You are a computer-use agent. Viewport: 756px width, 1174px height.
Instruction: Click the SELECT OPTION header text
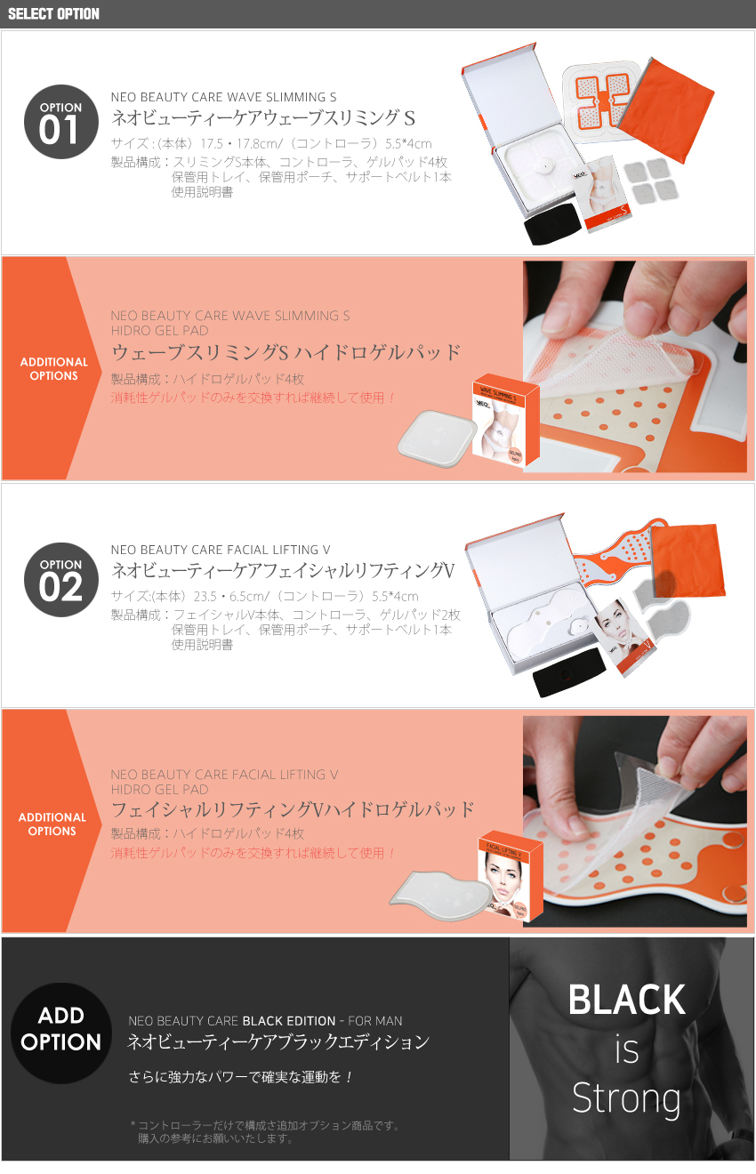(53, 13)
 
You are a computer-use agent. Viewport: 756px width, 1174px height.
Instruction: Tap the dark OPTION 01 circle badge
(60, 122)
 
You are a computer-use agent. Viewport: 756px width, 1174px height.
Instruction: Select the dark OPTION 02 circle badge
(60, 579)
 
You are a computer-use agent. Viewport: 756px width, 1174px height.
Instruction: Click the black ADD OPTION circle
(60, 1033)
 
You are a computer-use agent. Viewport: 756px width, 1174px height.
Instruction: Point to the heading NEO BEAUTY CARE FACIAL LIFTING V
(221, 550)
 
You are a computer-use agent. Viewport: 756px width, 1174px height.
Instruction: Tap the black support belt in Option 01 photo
(553, 223)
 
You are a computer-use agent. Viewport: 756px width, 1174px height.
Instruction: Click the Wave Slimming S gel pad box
(505, 419)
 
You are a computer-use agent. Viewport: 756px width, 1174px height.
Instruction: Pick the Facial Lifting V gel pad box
(511, 876)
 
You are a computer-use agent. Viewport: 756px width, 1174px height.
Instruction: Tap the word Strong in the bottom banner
(626, 1098)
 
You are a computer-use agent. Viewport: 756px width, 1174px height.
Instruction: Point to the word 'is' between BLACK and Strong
(627, 1049)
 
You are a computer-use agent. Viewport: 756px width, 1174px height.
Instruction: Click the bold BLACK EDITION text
(289, 1020)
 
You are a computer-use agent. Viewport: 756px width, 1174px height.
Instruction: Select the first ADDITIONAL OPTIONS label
(54, 368)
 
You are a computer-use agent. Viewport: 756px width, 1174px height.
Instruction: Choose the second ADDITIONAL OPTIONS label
(52, 824)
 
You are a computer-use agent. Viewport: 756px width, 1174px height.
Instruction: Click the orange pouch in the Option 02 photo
(688, 559)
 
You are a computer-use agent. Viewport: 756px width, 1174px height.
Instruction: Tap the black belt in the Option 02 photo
(569, 673)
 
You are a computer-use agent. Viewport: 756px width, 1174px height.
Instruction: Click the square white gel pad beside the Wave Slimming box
(436, 438)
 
